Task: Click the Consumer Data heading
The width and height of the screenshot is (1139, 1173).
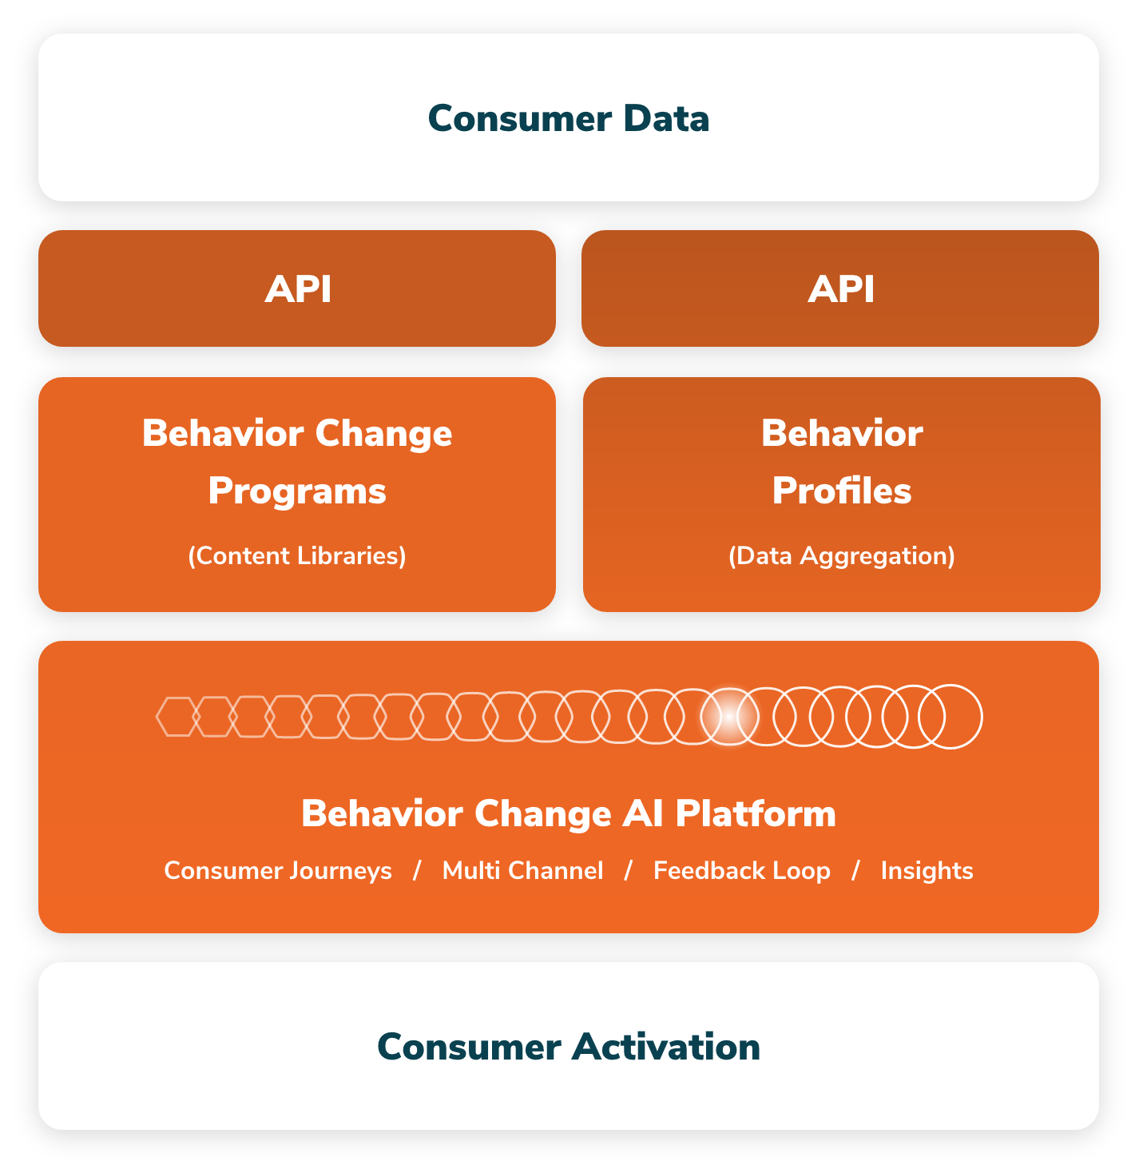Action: click(x=569, y=118)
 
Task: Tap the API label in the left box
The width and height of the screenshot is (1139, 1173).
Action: click(x=298, y=288)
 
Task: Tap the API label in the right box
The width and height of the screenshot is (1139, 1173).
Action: click(x=841, y=288)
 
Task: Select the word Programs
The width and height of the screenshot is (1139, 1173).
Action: click(x=297, y=492)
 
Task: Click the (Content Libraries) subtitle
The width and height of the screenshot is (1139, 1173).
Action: click(x=297, y=556)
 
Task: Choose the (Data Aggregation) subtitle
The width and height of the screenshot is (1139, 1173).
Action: click(x=842, y=556)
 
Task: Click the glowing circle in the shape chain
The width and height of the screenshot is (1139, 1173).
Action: click(x=730, y=717)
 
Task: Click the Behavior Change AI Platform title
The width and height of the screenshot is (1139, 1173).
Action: click(x=569, y=813)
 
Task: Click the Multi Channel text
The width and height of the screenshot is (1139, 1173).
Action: click(x=523, y=870)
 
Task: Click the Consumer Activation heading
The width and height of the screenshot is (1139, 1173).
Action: click(x=569, y=1047)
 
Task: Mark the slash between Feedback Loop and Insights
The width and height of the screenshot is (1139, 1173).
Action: click(x=855, y=871)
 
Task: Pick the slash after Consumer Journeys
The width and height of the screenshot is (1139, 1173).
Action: click(x=417, y=871)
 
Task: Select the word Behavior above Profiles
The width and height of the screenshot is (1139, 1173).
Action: click(x=842, y=433)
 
